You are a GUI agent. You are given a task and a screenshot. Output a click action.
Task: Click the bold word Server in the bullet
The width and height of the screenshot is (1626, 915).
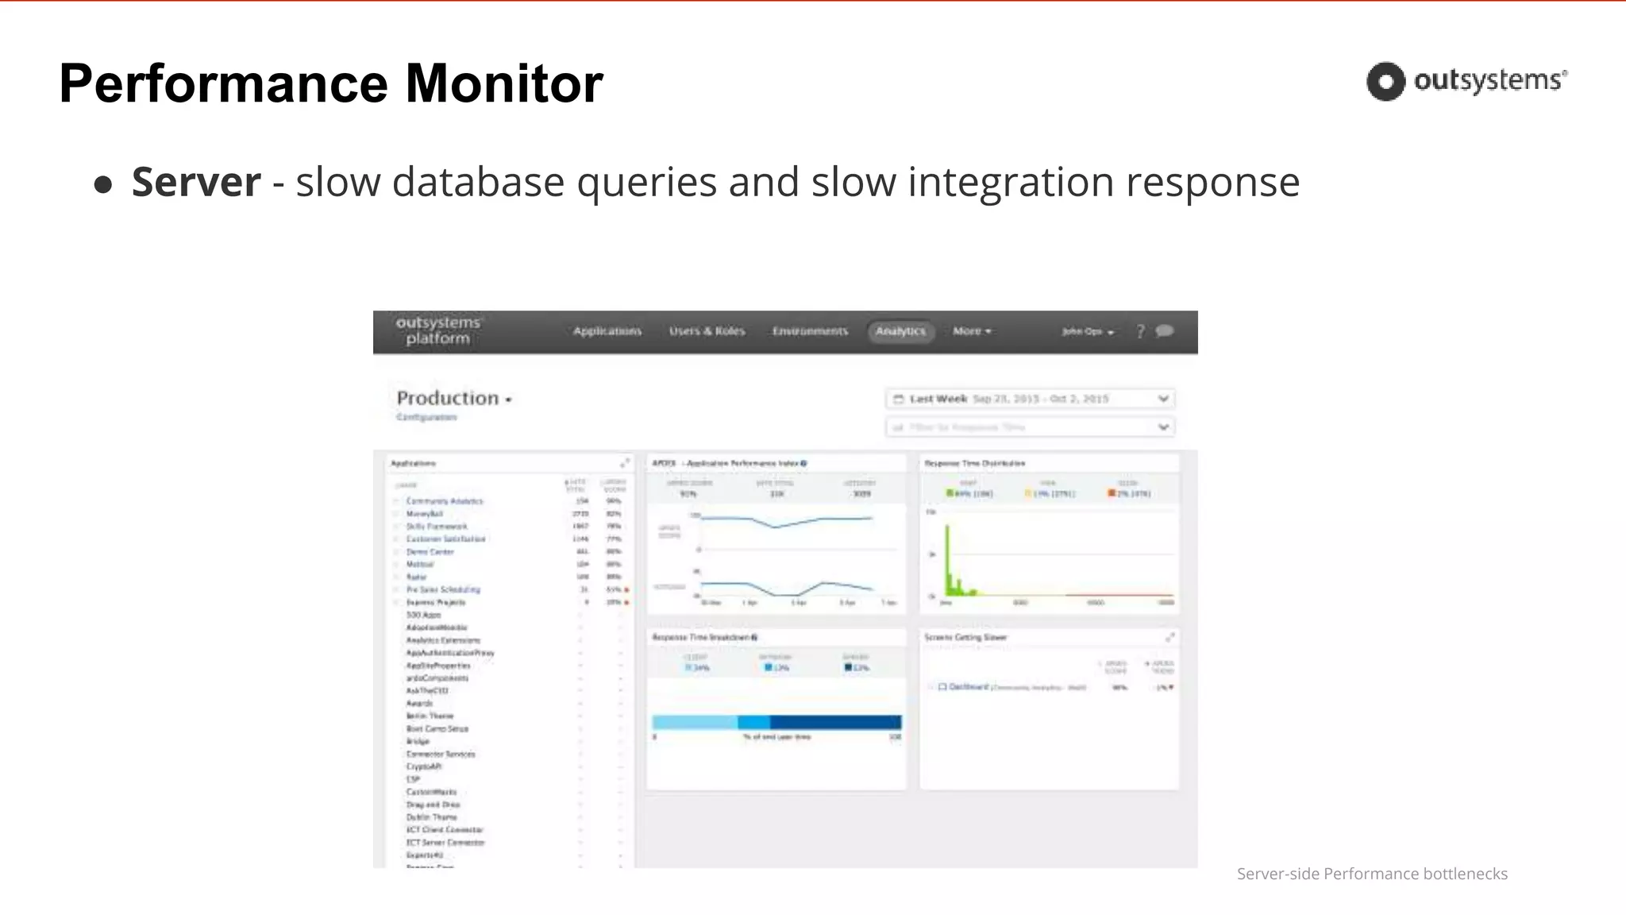(x=196, y=182)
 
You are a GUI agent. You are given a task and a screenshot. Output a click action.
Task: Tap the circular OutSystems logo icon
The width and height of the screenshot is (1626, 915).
(x=1385, y=81)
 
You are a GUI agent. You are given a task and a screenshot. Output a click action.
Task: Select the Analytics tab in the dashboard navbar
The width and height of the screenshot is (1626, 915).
(x=900, y=331)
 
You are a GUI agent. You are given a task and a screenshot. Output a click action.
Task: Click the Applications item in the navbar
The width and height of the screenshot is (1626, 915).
(x=607, y=331)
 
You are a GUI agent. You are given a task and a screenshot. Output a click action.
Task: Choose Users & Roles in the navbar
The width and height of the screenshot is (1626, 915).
(x=707, y=331)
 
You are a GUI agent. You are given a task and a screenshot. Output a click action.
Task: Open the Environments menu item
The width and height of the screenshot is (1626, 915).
(x=810, y=331)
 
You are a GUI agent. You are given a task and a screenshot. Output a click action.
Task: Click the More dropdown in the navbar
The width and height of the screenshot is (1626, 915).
(x=972, y=331)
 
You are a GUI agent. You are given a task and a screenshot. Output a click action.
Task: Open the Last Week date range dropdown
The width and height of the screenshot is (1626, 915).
(x=1030, y=399)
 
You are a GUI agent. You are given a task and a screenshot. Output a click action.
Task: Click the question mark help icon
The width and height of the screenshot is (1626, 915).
(x=1140, y=331)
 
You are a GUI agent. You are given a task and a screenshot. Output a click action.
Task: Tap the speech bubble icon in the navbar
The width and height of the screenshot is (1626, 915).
(x=1165, y=330)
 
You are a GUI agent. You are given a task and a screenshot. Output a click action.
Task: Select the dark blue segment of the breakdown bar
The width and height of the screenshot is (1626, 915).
(x=835, y=722)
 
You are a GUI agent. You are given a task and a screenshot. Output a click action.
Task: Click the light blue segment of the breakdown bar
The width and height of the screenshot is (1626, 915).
(x=694, y=722)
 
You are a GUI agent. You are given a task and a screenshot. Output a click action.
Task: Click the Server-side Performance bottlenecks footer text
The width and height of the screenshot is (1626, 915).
(x=1371, y=874)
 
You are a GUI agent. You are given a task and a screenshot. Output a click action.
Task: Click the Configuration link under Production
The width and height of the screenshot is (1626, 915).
(x=426, y=417)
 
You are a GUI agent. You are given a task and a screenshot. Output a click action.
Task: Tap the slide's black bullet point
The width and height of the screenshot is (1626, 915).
(x=102, y=185)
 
